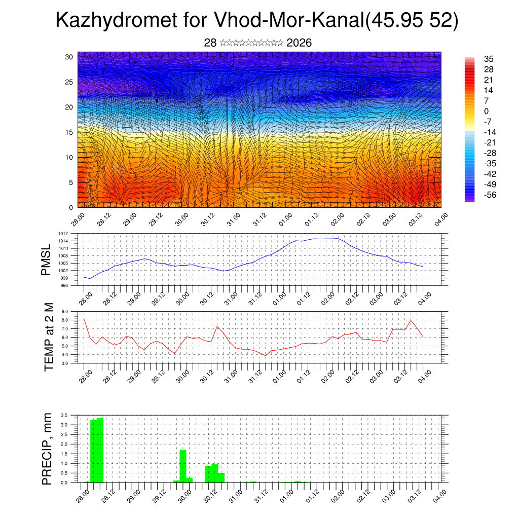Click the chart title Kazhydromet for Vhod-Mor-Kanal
click(x=256, y=20)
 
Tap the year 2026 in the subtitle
click(x=299, y=43)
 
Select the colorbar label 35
click(x=489, y=59)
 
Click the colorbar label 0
click(x=487, y=111)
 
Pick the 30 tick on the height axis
click(x=69, y=57)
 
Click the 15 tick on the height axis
click(x=69, y=132)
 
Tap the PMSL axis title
click(x=46, y=259)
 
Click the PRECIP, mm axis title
click(x=47, y=449)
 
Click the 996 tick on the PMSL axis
click(x=71, y=286)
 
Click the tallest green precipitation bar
click(x=100, y=450)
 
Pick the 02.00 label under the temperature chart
click(x=327, y=376)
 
